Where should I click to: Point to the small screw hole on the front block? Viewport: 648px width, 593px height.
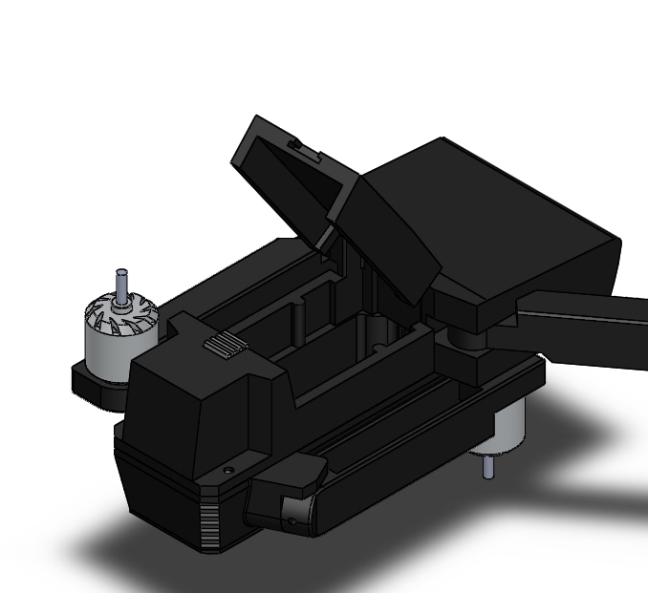[x=227, y=470]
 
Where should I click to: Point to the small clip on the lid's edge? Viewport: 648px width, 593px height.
[x=295, y=145]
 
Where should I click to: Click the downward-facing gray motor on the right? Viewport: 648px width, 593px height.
[x=507, y=425]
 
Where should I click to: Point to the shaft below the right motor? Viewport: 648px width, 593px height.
[x=488, y=468]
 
